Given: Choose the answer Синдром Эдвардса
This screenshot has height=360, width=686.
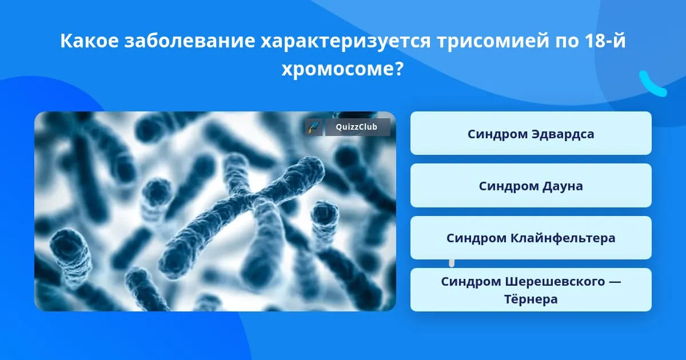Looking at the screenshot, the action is [x=531, y=133].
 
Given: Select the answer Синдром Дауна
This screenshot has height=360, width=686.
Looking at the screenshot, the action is [x=531, y=186].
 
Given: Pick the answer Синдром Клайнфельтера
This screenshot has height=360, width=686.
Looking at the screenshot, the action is [x=531, y=238].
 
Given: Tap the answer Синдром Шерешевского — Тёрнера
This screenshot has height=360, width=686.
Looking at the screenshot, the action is [x=531, y=290].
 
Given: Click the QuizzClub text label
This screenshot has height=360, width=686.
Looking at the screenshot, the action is [x=357, y=127].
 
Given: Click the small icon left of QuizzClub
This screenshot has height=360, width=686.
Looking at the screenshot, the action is [x=313, y=127].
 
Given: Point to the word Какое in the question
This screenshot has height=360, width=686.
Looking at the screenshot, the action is [x=89, y=41].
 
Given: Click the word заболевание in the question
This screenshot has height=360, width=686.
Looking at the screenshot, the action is [x=190, y=41].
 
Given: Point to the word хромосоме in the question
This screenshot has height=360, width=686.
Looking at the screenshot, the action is [x=336, y=70].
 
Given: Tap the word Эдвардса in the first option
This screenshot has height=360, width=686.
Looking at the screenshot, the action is [x=563, y=134].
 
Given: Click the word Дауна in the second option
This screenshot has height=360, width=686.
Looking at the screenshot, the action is [x=563, y=186].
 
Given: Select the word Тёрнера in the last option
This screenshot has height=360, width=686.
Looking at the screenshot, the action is [x=531, y=299].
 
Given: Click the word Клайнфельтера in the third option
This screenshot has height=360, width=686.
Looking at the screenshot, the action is [x=563, y=238].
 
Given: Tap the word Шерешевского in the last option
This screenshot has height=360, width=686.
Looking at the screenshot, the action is [x=555, y=281].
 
